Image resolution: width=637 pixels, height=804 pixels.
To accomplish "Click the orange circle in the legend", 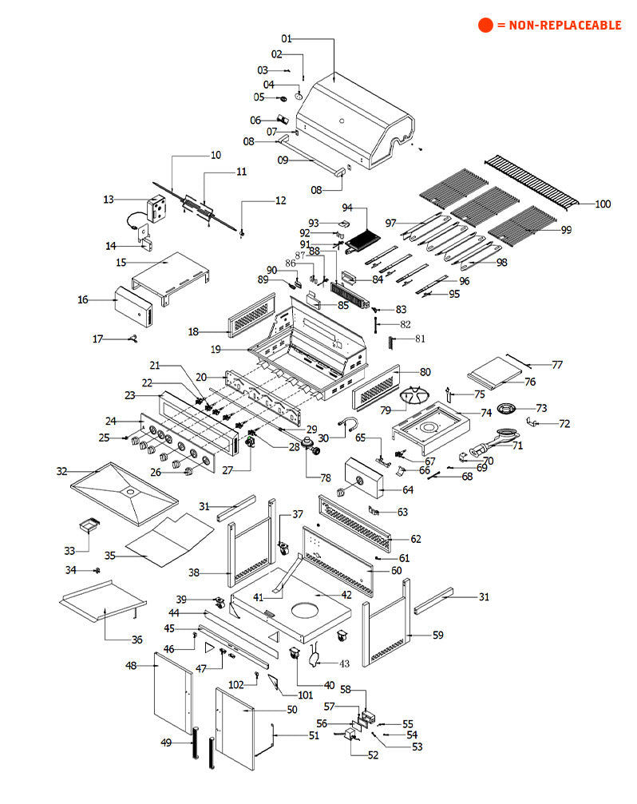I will tap(485, 25).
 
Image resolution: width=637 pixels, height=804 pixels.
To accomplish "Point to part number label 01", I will tap(287, 38).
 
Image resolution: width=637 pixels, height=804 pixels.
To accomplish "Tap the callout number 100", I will tap(603, 204).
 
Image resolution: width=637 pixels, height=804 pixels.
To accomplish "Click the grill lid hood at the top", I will tap(359, 120).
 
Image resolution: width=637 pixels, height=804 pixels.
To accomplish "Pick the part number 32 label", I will tap(61, 471).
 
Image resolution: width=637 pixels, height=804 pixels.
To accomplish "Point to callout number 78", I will tap(325, 478).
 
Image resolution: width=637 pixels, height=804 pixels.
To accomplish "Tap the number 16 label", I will tap(82, 299).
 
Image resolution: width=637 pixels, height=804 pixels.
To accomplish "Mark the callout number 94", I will tap(347, 208).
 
